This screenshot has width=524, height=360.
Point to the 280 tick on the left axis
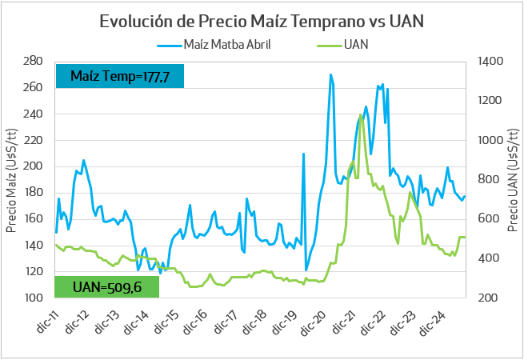pyautogui.click(x=34, y=61)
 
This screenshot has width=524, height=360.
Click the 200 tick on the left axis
pyautogui.click(x=34, y=166)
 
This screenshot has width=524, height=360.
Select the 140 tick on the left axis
pyautogui.click(x=34, y=246)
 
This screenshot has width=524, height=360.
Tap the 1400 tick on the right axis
pyautogui.click(x=489, y=61)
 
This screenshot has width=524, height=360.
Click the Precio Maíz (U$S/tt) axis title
pyautogui.click(x=11, y=179)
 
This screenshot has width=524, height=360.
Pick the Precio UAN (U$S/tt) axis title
pyautogui.click(x=512, y=179)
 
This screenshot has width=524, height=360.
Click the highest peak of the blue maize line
pyautogui.click(x=331, y=74)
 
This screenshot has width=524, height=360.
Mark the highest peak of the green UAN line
pyautogui.click(x=362, y=114)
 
